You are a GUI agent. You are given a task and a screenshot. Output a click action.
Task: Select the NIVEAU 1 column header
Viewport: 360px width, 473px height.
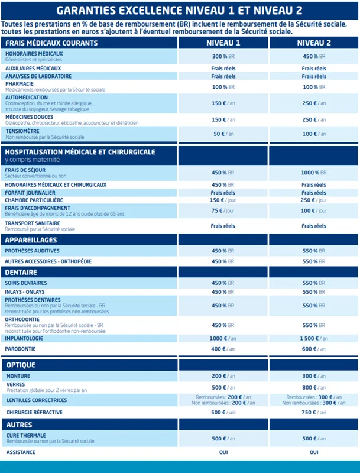[x=223, y=43]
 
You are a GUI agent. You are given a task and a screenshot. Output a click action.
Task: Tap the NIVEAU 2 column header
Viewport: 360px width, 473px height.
[x=314, y=43]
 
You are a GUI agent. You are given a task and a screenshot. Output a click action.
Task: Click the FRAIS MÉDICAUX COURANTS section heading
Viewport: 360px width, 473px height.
[x=51, y=43]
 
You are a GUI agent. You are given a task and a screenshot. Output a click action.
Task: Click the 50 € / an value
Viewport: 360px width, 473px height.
[x=223, y=134]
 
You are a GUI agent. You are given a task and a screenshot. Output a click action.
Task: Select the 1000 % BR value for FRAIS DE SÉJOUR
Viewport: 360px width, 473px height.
[x=313, y=173]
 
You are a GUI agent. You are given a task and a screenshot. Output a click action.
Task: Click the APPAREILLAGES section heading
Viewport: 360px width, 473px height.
[x=31, y=240]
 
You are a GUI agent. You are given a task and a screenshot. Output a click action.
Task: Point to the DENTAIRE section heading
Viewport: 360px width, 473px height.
[x=21, y=273]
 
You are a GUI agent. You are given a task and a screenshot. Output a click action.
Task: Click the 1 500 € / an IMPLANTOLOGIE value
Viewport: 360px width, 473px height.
[x=313, y=338]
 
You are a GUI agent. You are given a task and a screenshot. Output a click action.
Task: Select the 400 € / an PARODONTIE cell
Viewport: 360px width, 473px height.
[x=223, y=349]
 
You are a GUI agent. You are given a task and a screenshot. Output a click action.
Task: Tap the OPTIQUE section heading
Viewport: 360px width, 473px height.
[x=21, y=365]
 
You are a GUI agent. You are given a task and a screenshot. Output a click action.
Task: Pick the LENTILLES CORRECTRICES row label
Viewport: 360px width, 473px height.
[x=36, y=400]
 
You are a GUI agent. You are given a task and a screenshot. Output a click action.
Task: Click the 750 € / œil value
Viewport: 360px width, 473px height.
[x=313, y=412]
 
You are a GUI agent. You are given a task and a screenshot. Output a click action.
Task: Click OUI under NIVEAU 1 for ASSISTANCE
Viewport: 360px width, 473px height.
[x=223, y=452]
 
